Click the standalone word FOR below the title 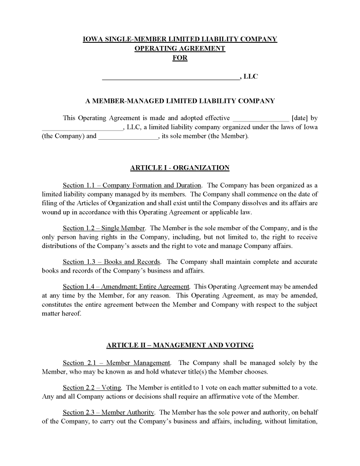point(180,58)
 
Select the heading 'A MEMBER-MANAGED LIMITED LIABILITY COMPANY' point(180,101)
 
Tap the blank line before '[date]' point(260,119)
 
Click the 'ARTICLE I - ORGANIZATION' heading point(180,168)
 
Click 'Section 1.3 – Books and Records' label point(112,262)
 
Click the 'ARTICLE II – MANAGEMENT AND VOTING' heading point(180,345)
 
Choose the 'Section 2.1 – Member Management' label point(117,363)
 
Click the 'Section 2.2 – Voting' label point(92,388)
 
